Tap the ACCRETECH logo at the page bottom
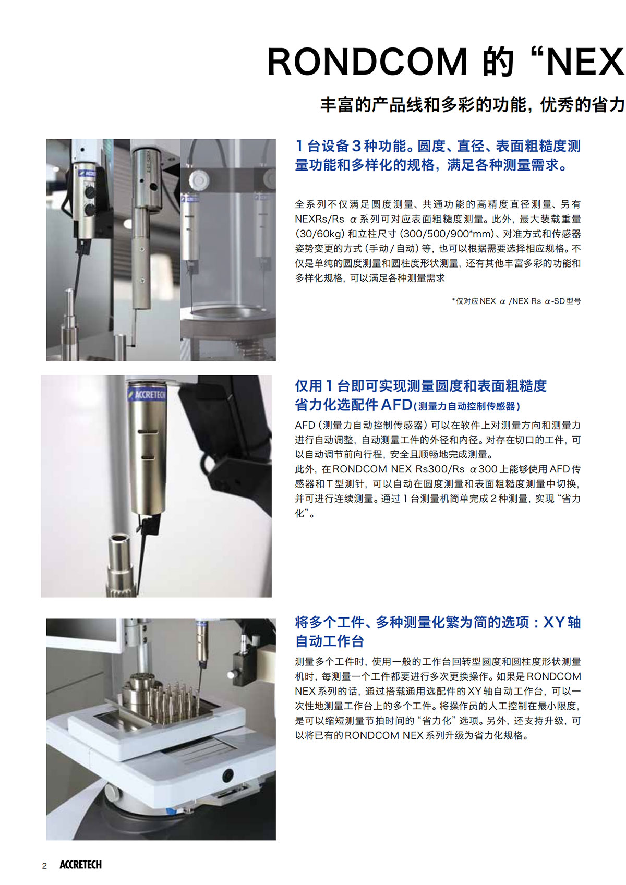[x=81, y=865]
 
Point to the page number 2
[x=44, y=866]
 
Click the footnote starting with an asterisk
[x=516, y=301]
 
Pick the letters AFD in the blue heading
[x=396, y=405]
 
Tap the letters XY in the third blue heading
[x=554, y=622]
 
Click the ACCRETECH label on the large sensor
[x=147, y=394]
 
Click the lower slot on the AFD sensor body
[x=148, y=457]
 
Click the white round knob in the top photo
[x=199, y=180]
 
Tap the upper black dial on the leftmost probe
[x=90, y=192]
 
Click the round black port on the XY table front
[x=227, y=775]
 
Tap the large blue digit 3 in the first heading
[x=356, y=146]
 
